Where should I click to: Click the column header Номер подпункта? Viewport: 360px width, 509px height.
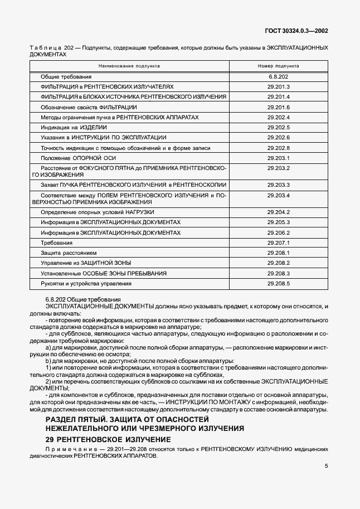click(x=278, y=65)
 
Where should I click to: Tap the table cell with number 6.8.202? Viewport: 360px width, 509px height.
click(x=278, y=76)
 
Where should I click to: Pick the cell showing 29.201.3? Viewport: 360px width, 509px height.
click(x=279, y=87)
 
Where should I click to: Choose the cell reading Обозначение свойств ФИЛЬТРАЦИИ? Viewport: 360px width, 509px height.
click(x=89, y=107)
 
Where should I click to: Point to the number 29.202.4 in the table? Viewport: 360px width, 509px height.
click(x=279, y=118)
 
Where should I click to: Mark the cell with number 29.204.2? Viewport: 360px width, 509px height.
click(x=279, y=212)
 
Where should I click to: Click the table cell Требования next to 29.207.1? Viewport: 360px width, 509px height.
click(x=56, y=243)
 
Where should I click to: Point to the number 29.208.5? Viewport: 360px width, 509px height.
click(x=279, y=284)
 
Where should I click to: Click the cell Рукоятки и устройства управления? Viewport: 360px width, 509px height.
click(x=86, y=284)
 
